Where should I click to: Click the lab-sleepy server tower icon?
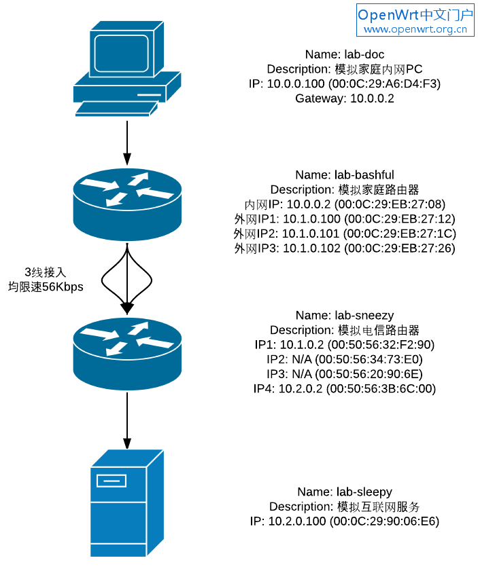(127, 502)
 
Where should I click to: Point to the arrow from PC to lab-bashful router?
(127, 143)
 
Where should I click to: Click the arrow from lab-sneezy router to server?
(127, 419)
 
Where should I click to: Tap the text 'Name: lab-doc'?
(345, 54)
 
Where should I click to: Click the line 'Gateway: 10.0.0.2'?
(345, 98)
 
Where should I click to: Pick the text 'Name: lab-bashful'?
(345, 174)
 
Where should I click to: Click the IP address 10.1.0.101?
(311, 234)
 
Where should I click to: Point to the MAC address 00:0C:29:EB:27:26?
(399, 248)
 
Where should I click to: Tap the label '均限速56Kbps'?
(46, 287)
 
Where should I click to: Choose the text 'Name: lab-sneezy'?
(345, 315)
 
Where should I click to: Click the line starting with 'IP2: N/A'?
(345, 359)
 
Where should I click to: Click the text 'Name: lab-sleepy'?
(345, 492)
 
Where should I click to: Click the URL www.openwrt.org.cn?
(415, 29)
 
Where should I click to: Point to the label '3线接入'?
(46, 272)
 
